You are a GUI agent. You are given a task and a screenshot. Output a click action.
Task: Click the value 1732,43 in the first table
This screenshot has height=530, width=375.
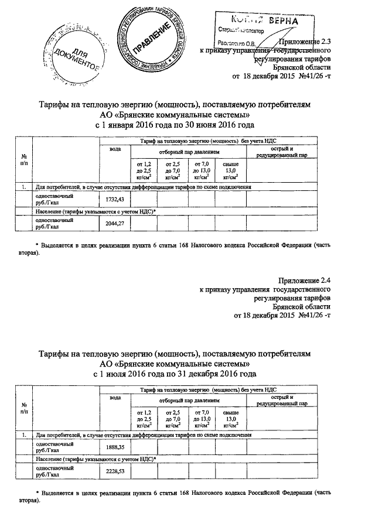tap(114, 200)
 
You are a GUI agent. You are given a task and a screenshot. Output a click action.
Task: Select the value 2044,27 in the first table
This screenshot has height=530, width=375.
tap(114, 224)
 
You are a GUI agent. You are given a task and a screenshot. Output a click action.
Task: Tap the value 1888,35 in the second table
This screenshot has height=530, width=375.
tap(114, 447)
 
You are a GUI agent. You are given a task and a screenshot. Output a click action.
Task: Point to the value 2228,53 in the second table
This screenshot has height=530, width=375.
tap(114, 471)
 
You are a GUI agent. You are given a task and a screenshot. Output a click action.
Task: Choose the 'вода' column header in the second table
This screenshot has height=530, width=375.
tap(115, 398)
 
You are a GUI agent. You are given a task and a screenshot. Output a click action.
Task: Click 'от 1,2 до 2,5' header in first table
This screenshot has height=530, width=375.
tap(144, 170)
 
